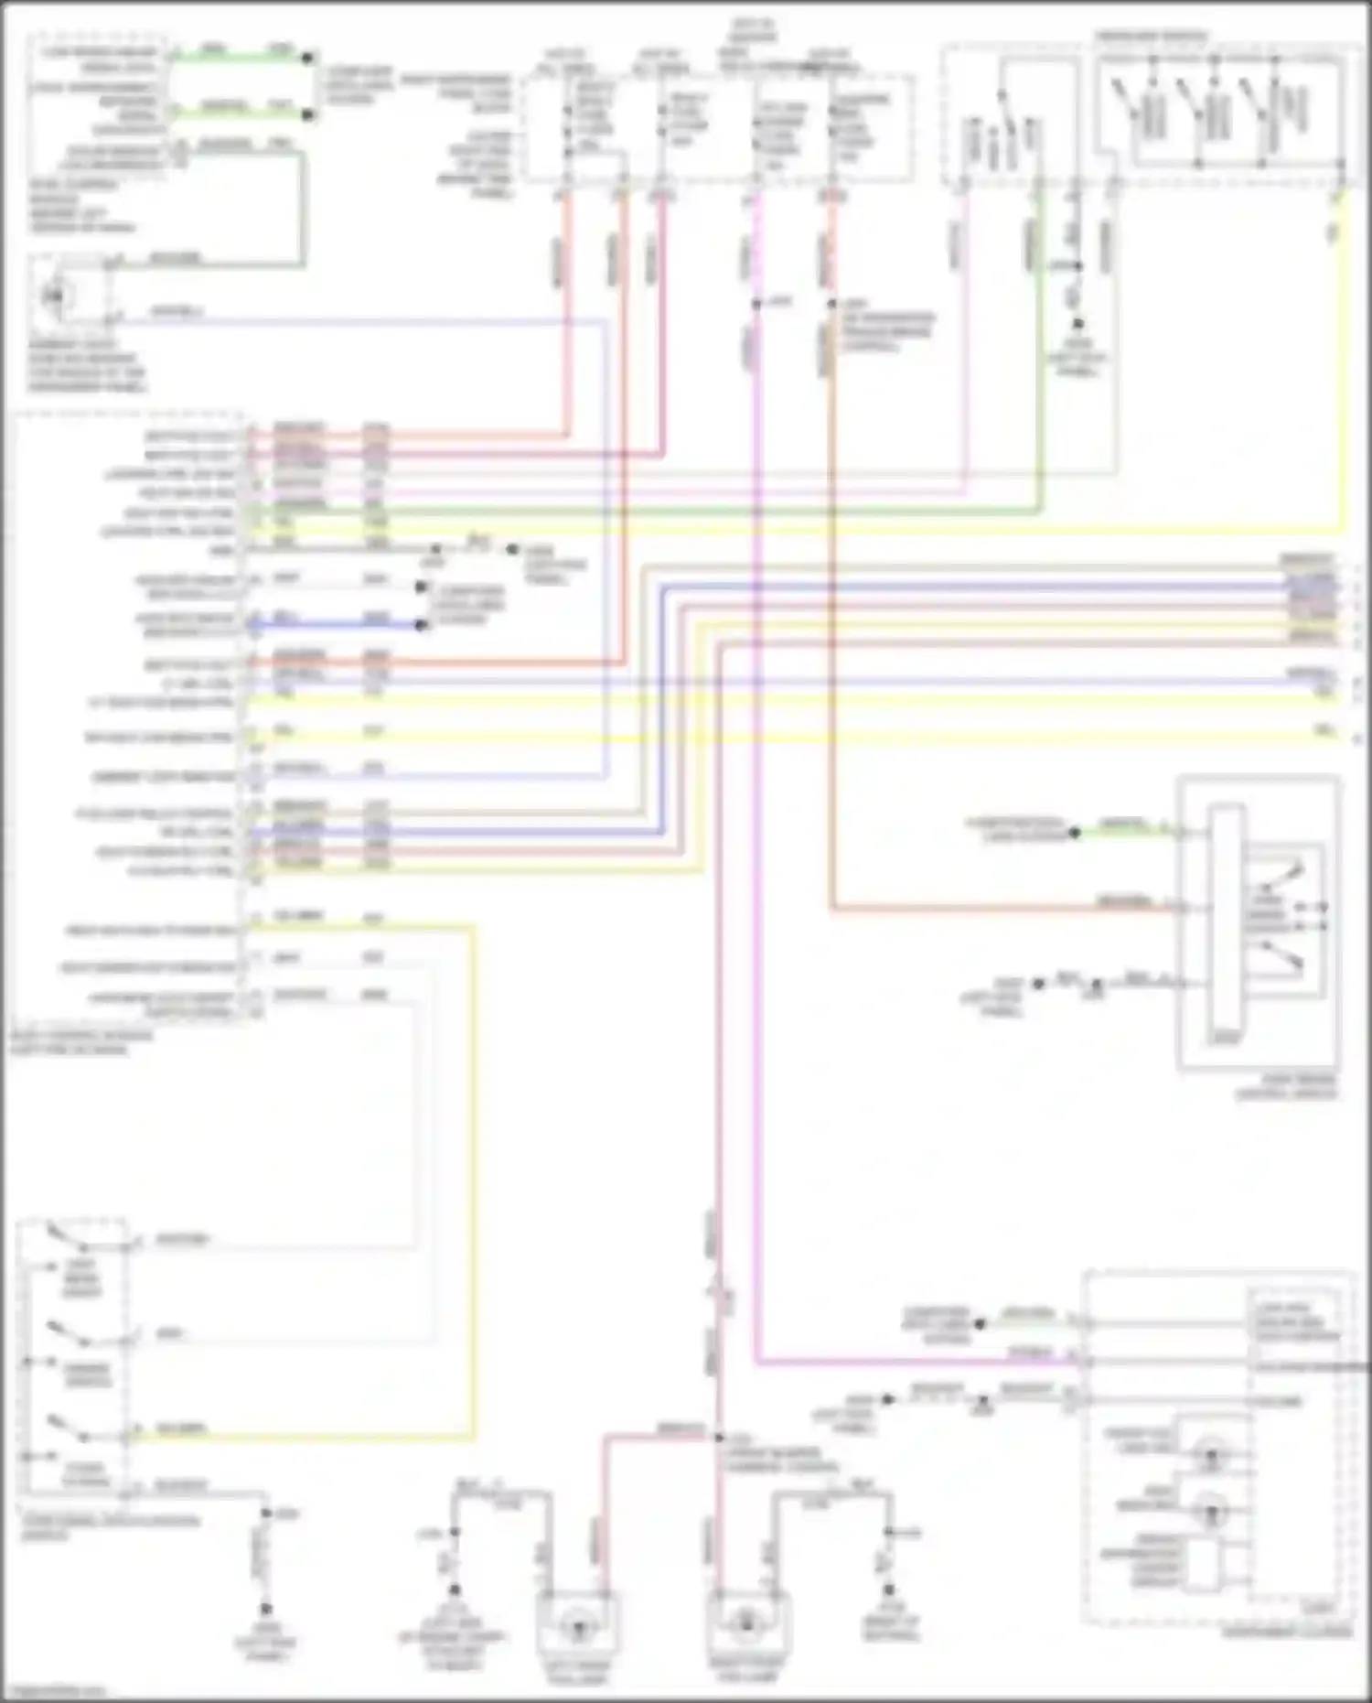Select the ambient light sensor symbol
56,296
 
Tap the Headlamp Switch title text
1151,37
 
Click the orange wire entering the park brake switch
1006,910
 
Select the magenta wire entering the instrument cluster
915,1363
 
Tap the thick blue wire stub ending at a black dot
338,626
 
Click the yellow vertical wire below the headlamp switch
1341,366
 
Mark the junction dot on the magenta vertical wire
756,304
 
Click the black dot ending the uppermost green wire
308,58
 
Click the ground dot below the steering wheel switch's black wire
265,1609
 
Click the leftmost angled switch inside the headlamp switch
1124,101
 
